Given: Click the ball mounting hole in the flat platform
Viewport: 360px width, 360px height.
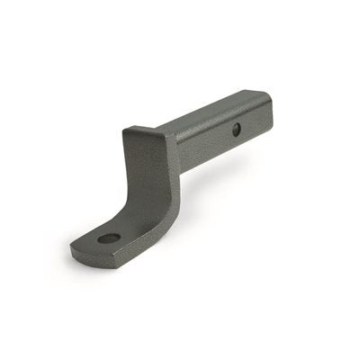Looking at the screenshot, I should [109, 238].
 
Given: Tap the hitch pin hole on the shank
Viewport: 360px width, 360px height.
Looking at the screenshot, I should [236, 130].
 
